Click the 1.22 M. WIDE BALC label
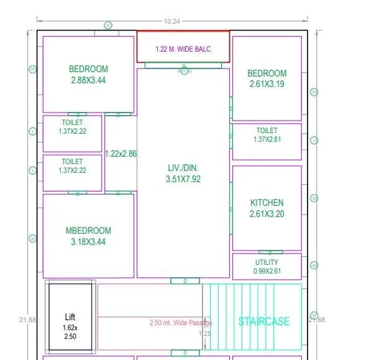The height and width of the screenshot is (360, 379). click(x=183, y=48)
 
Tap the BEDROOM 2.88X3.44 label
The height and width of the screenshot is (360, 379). click(x=88, y=75)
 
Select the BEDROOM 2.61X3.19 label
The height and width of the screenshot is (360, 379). click(x=267, y=78)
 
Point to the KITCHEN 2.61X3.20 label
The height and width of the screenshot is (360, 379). click(x=267, y=208)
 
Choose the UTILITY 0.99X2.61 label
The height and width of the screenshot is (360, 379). click(x=267, y=267)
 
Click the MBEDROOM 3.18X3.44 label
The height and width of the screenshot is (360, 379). click(x=88, y=236)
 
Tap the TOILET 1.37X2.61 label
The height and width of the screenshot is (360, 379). click(x=267, y=135)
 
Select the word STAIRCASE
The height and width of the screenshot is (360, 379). click(x=264, y=321)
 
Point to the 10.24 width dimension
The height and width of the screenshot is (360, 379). click(x=172, y=21)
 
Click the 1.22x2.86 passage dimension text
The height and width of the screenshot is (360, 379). click(x=121, y=154)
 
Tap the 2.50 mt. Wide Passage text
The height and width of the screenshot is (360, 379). click(x=181, y=323)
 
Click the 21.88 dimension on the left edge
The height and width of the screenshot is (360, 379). click(x=28, y=320)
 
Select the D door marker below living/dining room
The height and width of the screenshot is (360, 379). click(x=186, y=281)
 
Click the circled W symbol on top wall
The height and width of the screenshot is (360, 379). click(x=108, y=25)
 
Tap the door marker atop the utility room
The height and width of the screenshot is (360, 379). click(x=270, y=252)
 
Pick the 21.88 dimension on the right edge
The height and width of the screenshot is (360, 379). click(x=316, y=320)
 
